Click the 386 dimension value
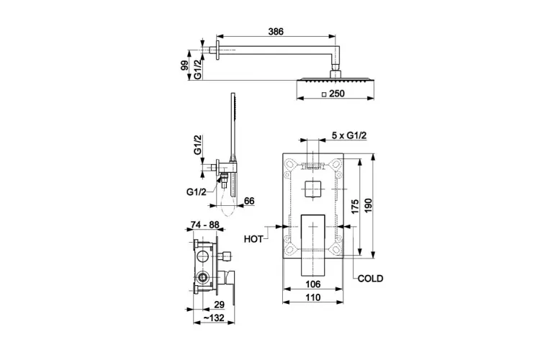pos(276,32)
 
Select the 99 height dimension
pos(184,66)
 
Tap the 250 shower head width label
pos(336,94)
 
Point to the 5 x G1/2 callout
pos(349,135)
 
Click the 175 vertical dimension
pos(355,207)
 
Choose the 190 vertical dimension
pos(368,206)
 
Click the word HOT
pos(253,239)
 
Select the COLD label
pos(370,279)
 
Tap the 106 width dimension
pos(312,284)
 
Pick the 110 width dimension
pos(312,297)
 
